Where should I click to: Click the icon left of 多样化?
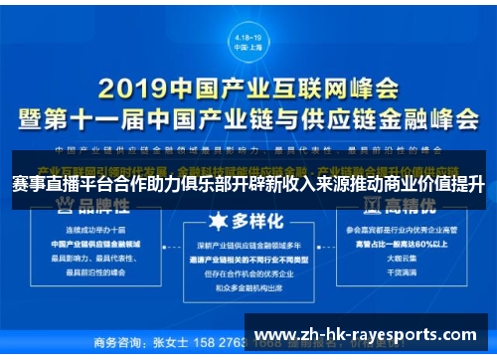[215, 219]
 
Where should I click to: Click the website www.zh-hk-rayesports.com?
[365, 333]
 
